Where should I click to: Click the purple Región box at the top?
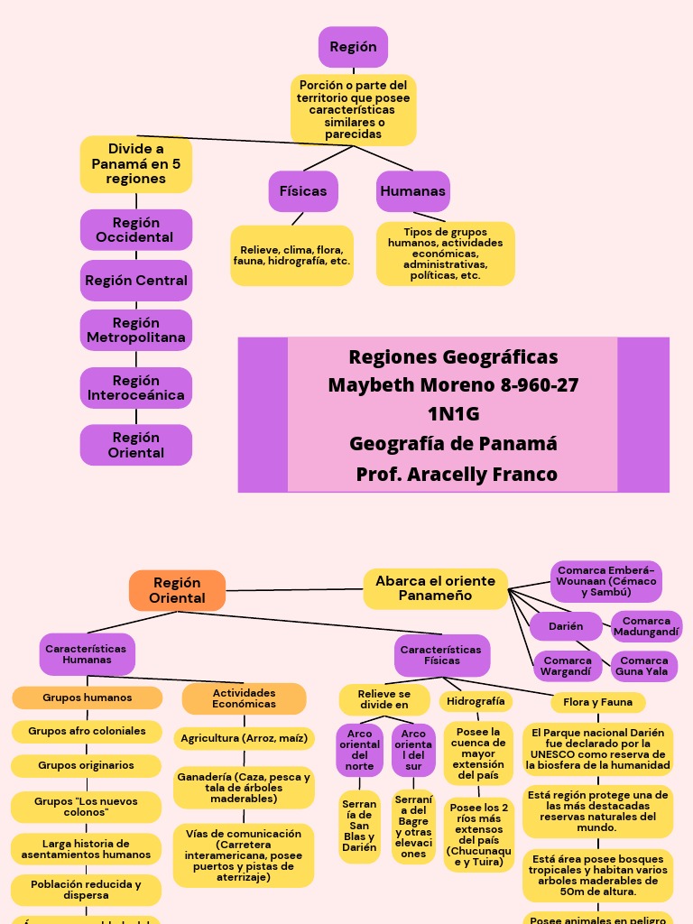click(x=353, y=47)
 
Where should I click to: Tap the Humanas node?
click(x=413, y=191)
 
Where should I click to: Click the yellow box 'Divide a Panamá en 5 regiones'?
click(x=136, y=163)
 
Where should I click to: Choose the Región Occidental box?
click(x=136, y=230)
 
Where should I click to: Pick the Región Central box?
click(x=136, y=281)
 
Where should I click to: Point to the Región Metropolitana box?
click(x=136, y=330)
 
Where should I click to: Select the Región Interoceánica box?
click(x=136, y=388)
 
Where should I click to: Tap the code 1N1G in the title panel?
click(x=453, y=414)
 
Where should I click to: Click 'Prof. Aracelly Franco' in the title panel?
click(x=456, y=474)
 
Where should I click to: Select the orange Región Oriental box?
click(x=177, y=590)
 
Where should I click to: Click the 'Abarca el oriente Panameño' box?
click(x=435, y=588)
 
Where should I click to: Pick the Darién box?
click(x=566, y=626)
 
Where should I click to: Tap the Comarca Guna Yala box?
click(x=644, y=666)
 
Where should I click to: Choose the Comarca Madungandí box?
click(x=646, y=626)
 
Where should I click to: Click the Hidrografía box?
click(x=476, y=701)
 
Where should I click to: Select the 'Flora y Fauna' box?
click(x=598, y=702)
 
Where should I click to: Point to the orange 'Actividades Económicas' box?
click(x=244, y=698)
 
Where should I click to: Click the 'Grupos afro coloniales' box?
click(x=87, y=731)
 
